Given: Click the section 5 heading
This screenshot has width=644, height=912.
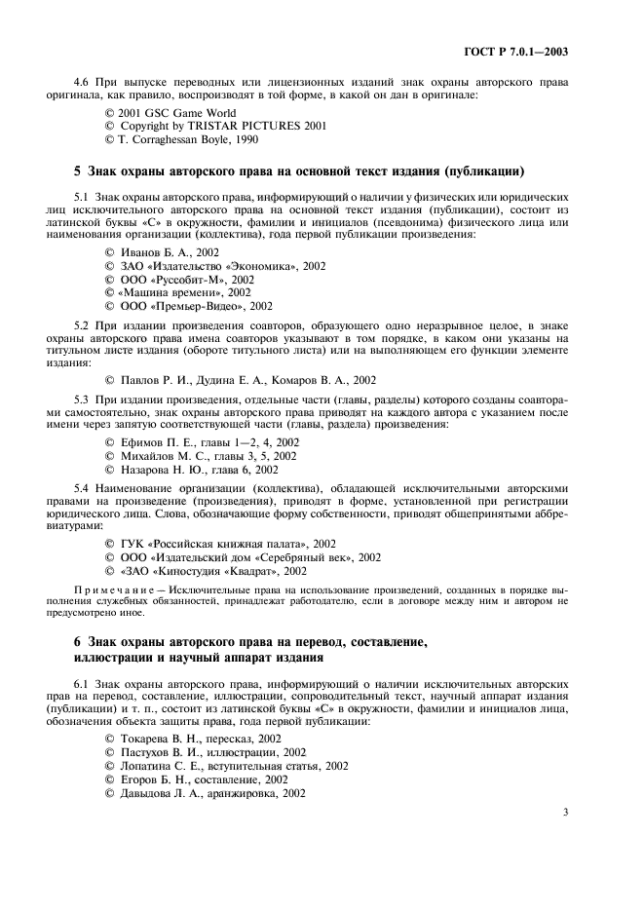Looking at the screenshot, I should coord(300,172).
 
